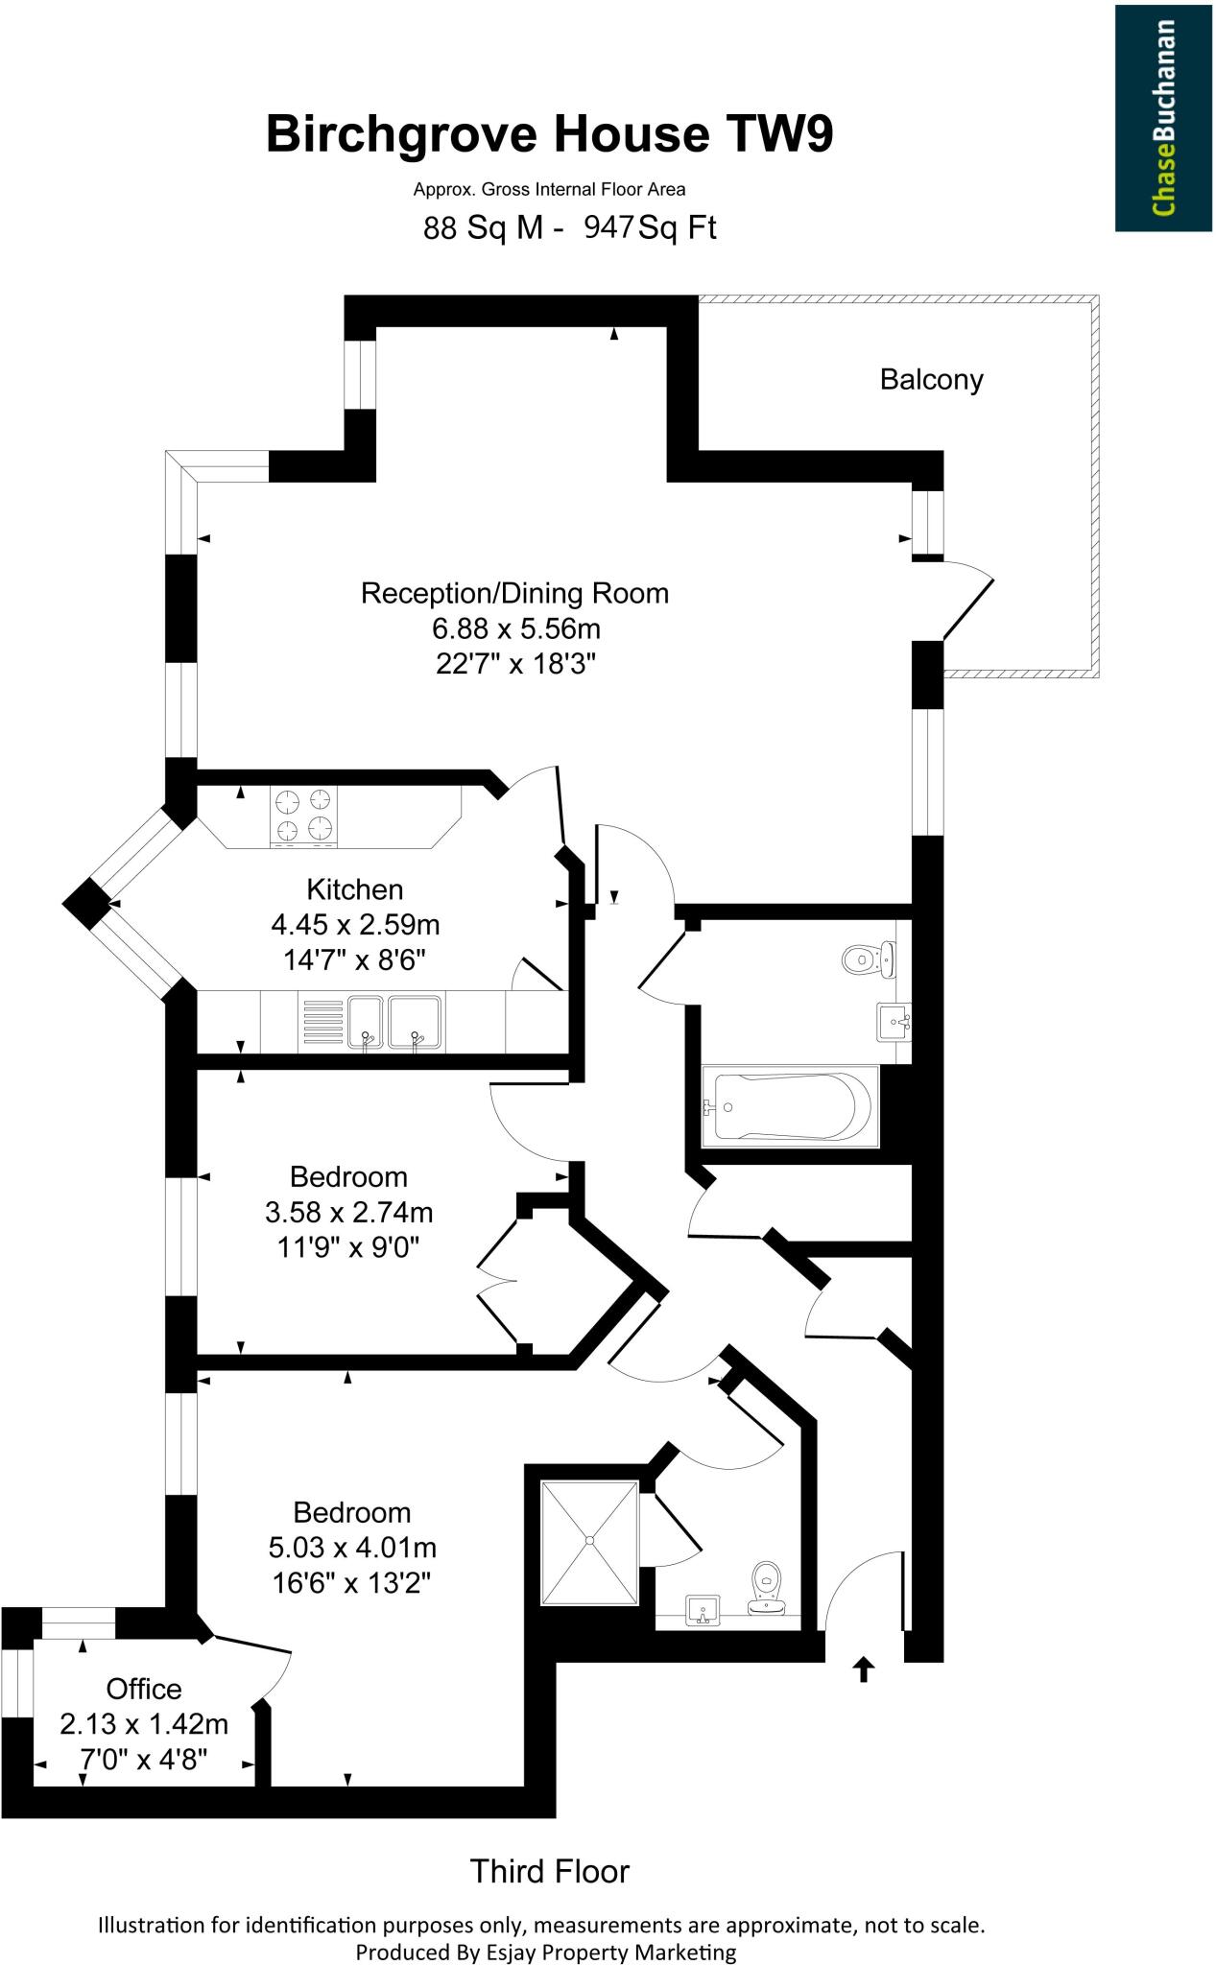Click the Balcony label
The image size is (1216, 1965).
pyautogui.click(x=931, y=380)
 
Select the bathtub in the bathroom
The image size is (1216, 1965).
pyautogui.click(x=791, y=1106)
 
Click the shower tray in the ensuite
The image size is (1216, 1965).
pyautogui.click(x=589, y=1543)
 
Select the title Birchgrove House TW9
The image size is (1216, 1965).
pyautogui.click(x=549, y=134)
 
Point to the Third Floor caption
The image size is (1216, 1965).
pyautogui.click(x=549, y=1871)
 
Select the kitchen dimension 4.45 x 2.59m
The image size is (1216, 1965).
pyautogui.click(x=355, y=925)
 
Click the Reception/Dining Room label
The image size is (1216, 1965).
pyautogui.click(x=514, y=593)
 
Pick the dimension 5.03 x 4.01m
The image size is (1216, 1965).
pyautogui.click(x=352, y=1548)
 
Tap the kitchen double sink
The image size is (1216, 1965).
pyautogui.click(x=393, y=1023)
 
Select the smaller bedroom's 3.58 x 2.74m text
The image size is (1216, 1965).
pyautogui.click(x=348, y=1213)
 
